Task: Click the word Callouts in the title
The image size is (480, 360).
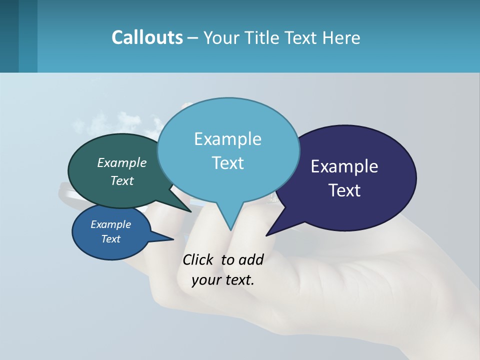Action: [147, 37]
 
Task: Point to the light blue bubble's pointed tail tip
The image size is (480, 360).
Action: [230, 230]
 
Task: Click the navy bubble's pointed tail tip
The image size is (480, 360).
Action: [266, 235]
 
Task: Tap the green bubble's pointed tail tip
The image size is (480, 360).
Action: [191, 211]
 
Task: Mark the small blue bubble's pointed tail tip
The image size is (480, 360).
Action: [173, 239]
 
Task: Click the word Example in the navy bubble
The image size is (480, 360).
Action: [344, 166]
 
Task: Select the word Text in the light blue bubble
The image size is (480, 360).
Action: [228, 163]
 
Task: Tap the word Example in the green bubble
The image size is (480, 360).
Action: [122, 162]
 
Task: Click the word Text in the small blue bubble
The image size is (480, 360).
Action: [111, 239]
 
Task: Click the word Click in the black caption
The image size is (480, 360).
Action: [198, 259]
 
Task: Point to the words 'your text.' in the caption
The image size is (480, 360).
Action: [223, 280]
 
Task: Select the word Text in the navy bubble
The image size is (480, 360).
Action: [344, 190]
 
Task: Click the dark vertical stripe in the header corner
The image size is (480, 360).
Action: [9, 36]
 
